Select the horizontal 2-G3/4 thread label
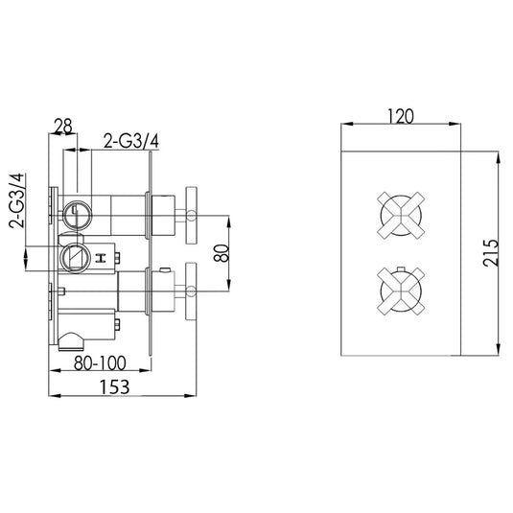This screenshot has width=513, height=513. pos(131,141)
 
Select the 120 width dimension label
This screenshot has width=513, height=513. pos(401,116)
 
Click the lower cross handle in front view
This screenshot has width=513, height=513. pos(400,288)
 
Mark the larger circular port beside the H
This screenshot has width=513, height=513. pos(73,257)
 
